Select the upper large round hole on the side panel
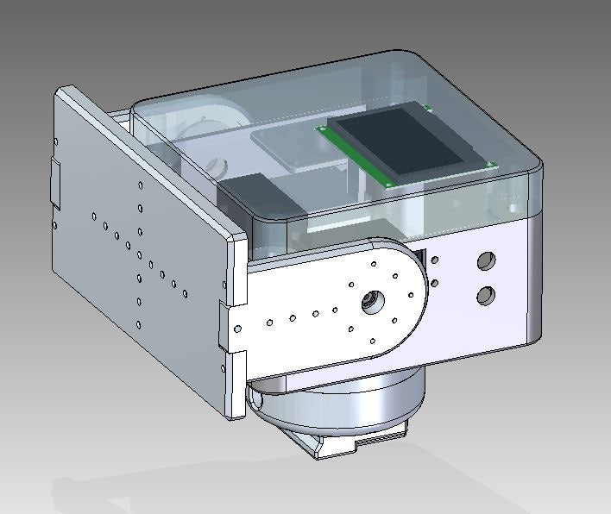coord(487,260)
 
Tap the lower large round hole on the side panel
coord(485,296)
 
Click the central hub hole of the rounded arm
coord(370,301)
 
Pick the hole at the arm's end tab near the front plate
coord(237,329)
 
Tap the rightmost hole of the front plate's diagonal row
coord(186,293)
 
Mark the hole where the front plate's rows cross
coord(139,254)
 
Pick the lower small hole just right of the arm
coord(435,282)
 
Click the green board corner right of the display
coord(492,164)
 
